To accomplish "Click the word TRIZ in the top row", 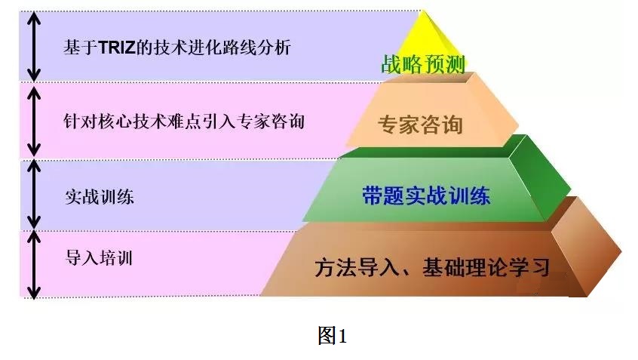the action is tap(116, 48).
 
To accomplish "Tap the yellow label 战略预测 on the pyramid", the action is tap(423, 64).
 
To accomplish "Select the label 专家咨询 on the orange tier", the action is tap(420, 125).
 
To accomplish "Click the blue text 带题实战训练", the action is tap(426, 195).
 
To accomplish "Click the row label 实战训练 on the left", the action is tap(100, 197).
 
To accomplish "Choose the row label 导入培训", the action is tap(99, 258).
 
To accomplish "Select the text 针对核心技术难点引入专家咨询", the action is tap(184, 122).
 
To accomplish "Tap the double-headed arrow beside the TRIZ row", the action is tap(34, 47).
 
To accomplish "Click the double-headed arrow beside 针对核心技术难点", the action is tap(34, 122).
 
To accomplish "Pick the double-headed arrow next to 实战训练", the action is tap(34, 194).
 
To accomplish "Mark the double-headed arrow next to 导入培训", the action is tap(34, 265).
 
